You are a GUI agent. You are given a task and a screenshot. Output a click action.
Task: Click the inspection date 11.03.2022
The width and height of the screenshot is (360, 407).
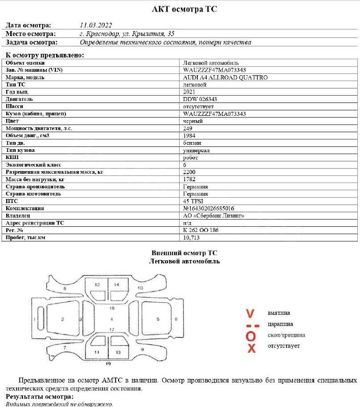[x=96, y=25]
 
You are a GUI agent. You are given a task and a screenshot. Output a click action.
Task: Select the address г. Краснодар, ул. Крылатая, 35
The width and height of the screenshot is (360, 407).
[x=127, y=34]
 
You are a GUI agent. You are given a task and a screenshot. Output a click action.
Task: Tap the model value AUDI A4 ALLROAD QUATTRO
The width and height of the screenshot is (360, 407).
[x=225, y=77]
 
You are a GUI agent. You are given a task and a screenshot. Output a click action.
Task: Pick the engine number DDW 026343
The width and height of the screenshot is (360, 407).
[x=200, y=99]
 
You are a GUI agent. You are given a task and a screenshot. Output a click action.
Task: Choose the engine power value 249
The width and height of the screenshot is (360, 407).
[x=188, y=128]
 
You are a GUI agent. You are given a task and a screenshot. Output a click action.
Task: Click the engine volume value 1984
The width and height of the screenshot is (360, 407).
[x=189, y=135]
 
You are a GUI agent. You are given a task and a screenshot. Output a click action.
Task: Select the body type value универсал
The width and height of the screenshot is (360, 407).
[x=196, y=151]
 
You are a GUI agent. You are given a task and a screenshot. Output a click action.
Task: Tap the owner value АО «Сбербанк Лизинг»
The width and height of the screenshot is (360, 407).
[x=214, y=216]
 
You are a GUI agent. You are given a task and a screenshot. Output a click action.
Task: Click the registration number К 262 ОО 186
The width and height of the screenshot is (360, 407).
[x=201, y=230]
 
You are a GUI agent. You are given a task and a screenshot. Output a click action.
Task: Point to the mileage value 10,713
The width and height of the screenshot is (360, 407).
[x=192, y=237]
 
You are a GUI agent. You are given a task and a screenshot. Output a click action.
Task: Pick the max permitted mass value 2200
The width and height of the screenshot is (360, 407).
[x=189, y=172]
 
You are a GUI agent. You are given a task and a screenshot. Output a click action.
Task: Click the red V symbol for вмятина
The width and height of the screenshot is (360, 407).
[x=250, y=313]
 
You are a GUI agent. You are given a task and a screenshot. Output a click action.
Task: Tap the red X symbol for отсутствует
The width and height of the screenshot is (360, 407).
[x=251, y=348]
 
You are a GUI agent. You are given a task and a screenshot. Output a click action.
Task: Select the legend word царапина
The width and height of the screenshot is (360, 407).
[x=280, y=324]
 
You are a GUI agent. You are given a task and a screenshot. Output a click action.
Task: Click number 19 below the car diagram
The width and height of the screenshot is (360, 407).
[x=108, y=364]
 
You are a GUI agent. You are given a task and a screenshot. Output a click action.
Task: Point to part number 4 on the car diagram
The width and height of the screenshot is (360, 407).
[x=111, y=319]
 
